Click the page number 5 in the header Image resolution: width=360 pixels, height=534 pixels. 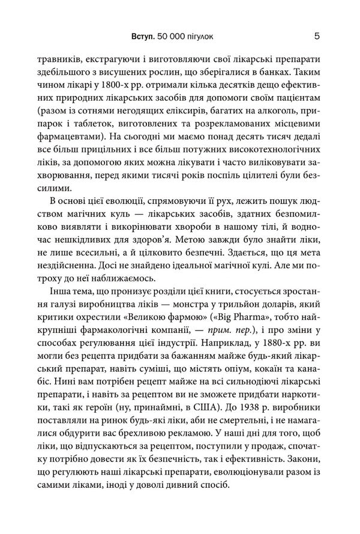(316, 37)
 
